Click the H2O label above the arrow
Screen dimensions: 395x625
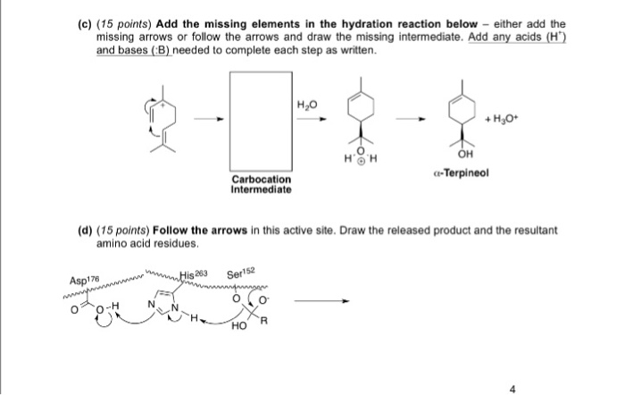point(307,105)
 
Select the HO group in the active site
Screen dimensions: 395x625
point(237,325)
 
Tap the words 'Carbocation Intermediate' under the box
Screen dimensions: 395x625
point(259,185)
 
